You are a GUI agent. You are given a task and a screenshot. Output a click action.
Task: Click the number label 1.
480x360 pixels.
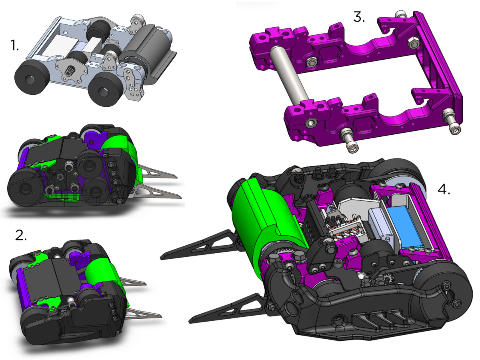coord(15,46)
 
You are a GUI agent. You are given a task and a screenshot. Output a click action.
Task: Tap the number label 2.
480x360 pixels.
coord(21,236)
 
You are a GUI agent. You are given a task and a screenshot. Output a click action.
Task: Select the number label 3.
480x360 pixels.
coord(359,17)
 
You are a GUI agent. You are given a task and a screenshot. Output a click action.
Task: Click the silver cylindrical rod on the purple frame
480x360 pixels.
coord(289,74)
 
